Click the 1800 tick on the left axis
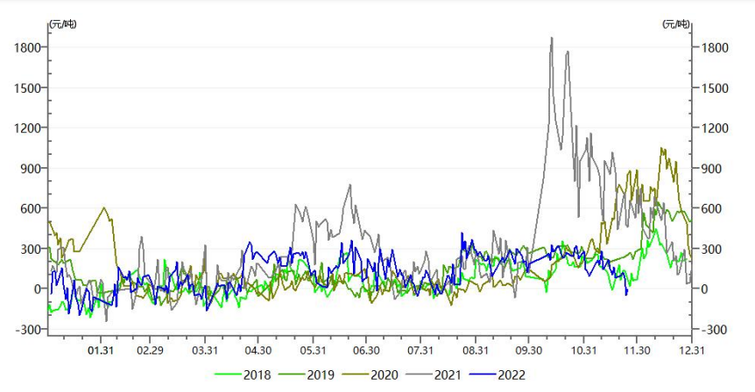pyautogui.click(x=28, y=47)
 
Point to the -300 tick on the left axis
pyautogui.click(x=28, y=329)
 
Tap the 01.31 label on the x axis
pyautogui.click(x=102, y=350)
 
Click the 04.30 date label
pyautogui.click(x=258, y=350)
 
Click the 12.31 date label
pyautogui.click(x=691, y=350)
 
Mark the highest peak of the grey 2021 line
pyautogui.click(x=552, y=38)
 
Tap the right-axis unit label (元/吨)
pyautogui.click(x=677, y=23)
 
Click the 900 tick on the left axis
pyautogui.click(x=32, y=168)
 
